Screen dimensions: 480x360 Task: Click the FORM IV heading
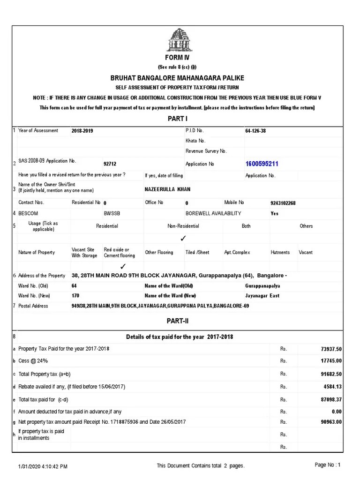coord(177,58)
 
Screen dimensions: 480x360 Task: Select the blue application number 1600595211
coord(262,164)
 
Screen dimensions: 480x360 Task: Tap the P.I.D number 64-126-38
coord(255,131)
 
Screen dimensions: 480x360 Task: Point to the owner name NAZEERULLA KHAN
coord(168,189)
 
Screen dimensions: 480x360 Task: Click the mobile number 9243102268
coord(283,203)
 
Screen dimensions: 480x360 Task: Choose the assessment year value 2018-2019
coord(82,131)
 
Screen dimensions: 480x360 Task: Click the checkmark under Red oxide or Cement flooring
coord(123,266)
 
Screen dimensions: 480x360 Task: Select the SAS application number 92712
coord(110,164)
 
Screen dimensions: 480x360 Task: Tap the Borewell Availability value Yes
coord(274,213)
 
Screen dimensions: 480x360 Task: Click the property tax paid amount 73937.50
coord(330,349)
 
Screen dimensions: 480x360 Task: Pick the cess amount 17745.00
coord(331,361)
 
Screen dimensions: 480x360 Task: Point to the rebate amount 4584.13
coord(332,387)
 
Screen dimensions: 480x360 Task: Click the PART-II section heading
coord(177,321)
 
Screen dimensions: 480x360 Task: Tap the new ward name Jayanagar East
coord(262,296)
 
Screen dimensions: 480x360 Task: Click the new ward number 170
coord(75,296)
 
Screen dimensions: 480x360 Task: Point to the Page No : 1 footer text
coord(328,465)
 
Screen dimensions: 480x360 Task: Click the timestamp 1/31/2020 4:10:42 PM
coord(43,466)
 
